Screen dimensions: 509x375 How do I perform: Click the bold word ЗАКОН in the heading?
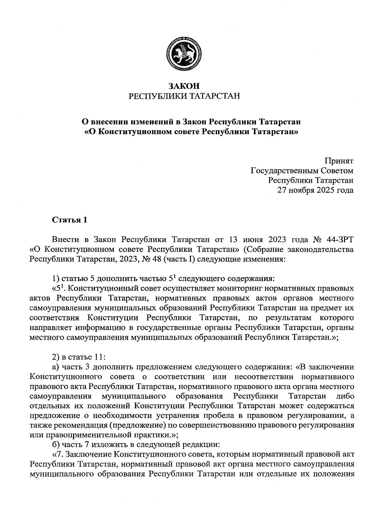(184, 86)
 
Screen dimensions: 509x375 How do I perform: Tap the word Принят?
(339, 162)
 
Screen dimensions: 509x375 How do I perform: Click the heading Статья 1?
(69, 220)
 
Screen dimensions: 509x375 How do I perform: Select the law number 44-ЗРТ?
(339, 240)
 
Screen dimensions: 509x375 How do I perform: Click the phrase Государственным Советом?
(302, 171)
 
